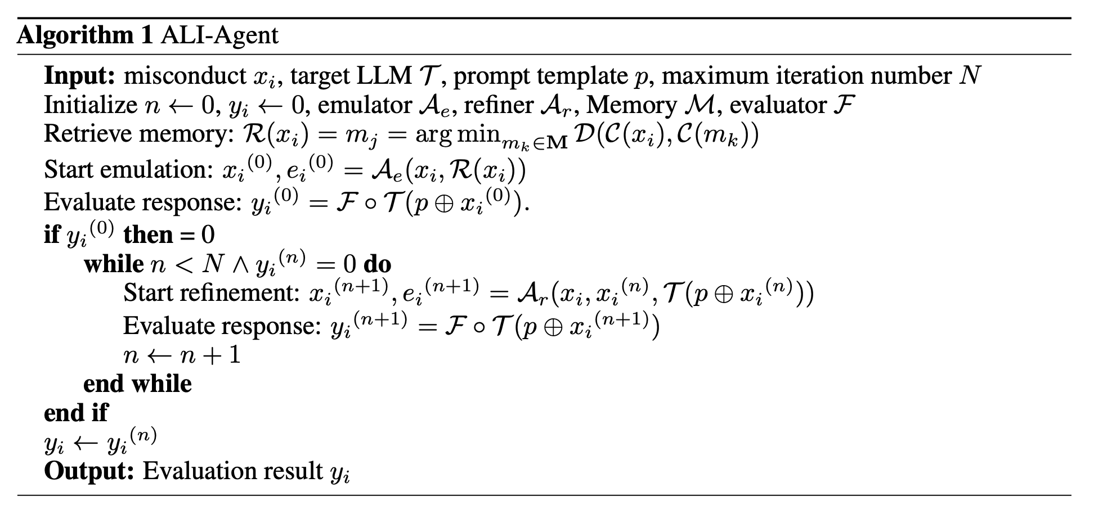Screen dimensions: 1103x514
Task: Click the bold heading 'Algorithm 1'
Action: point(85,36)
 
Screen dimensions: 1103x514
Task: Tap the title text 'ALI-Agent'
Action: point(219,36)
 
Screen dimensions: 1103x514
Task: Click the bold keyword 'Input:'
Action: point(79,76)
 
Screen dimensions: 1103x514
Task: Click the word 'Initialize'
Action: point(91,105)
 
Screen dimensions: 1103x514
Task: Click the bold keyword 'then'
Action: point(149,234)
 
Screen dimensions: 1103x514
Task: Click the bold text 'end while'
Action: point(138,384)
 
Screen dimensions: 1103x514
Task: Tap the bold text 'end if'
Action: point(76,413)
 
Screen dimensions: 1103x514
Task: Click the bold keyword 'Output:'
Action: point(89,471)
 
